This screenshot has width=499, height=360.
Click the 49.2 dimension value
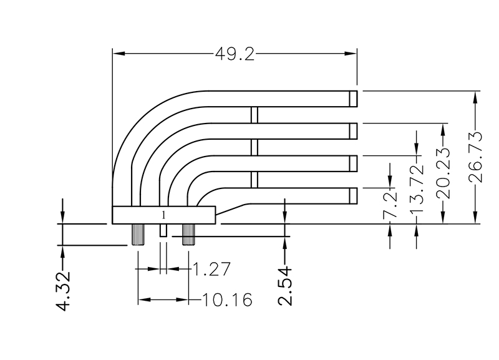click(235, 54)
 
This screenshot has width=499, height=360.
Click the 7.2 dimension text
click(390, 206)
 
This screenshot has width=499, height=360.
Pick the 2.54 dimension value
click(284, 286)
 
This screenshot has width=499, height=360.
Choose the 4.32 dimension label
click(63, 291)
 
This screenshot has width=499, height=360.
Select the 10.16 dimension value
click(226, 301)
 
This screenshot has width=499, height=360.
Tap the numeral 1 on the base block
click(163, 215)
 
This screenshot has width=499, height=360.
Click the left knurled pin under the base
click(138, 235)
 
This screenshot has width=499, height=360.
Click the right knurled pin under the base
click(188, 235)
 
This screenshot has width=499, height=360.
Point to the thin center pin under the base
click(163, 230)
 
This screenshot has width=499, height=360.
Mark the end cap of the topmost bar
click(353, 99)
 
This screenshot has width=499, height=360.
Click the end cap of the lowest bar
click(353, 195)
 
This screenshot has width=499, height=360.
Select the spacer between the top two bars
click(254, 115)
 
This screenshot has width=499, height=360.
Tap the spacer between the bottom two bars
click(254, 180)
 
